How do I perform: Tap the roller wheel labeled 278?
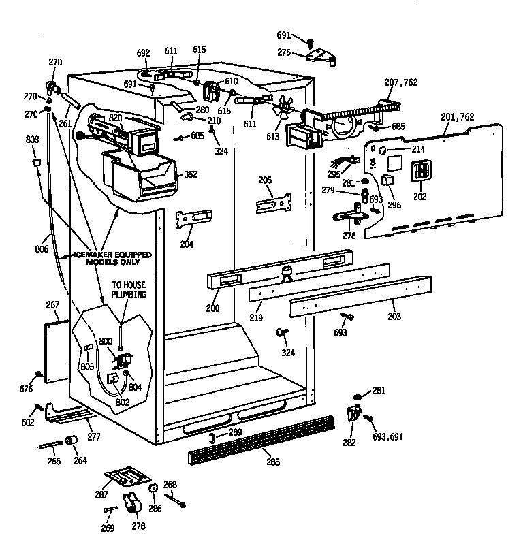[x=131, y=505]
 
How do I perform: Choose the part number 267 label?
[x=52, y=304]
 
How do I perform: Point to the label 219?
[x=255, y=318]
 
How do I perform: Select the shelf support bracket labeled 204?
[x=193, y=220]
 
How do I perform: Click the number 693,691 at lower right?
[x=387, y=436]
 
